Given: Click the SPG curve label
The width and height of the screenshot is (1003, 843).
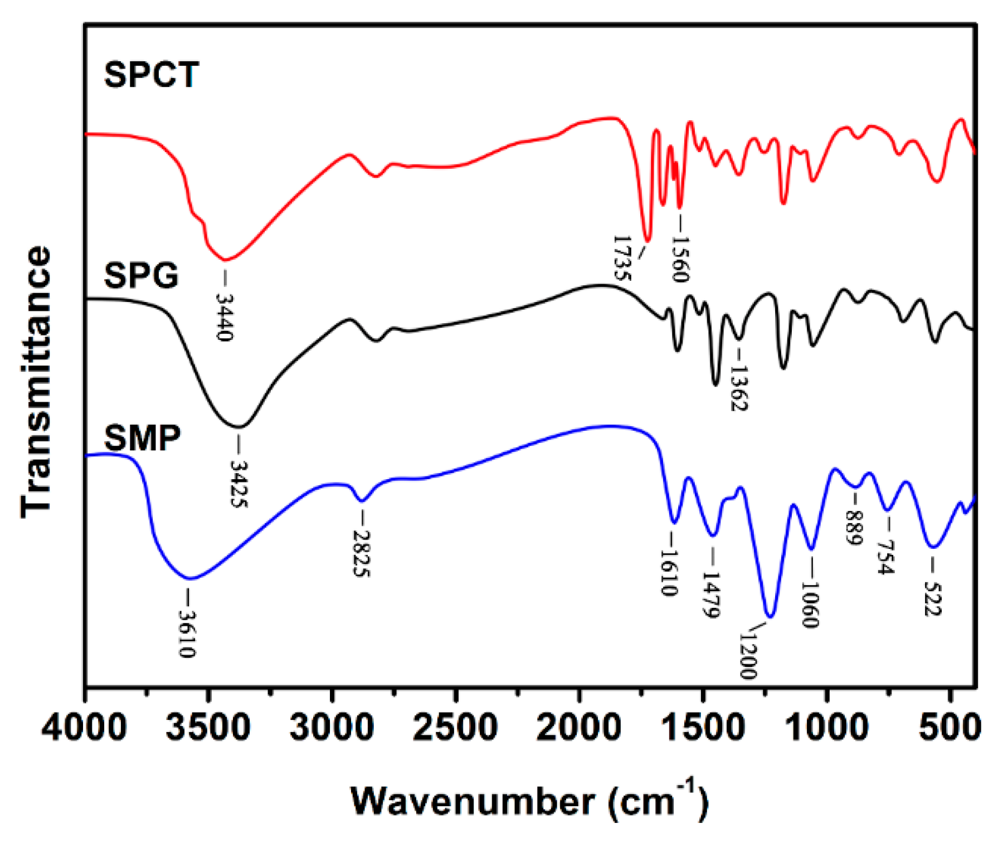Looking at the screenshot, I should point(141,275).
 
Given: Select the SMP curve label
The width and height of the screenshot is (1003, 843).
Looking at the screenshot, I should point(142,438).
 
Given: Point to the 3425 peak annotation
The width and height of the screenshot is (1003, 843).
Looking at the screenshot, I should point(239,483).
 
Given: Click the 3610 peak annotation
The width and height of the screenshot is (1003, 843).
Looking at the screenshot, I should point(187,633).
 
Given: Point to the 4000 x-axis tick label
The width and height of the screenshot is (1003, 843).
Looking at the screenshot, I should point(84,728).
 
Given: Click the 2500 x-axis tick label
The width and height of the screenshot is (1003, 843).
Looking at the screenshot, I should point(455,728).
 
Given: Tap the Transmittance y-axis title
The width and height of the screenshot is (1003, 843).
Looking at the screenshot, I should point(37,382).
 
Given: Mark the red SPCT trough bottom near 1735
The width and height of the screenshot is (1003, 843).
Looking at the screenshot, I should point(647,240).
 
